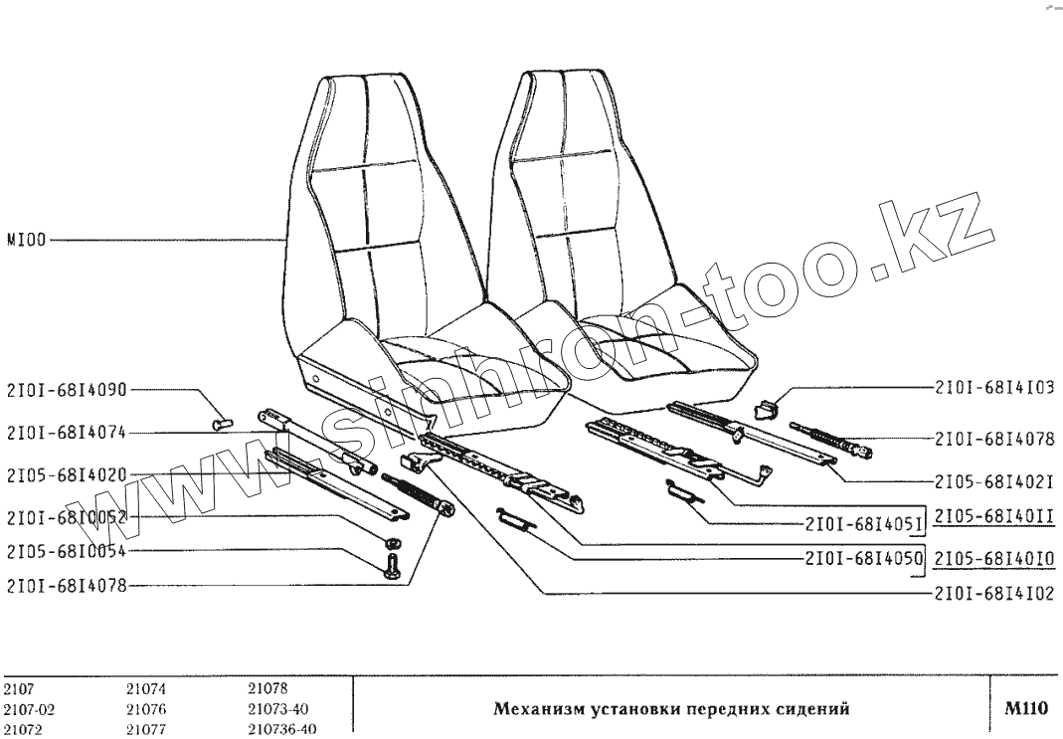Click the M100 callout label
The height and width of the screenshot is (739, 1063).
tap(27, 240)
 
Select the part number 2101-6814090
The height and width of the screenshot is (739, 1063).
tap(67, 390)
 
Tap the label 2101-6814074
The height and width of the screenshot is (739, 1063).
tap(67, 433)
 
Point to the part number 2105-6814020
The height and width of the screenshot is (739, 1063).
tap(67, 475)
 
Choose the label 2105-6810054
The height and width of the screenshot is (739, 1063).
tap(67, 551)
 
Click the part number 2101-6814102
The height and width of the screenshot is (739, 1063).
tap(994, 595)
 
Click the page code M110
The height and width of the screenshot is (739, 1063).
tap(1026, 709)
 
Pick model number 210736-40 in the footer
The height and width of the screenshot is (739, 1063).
tap(281, 728)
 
